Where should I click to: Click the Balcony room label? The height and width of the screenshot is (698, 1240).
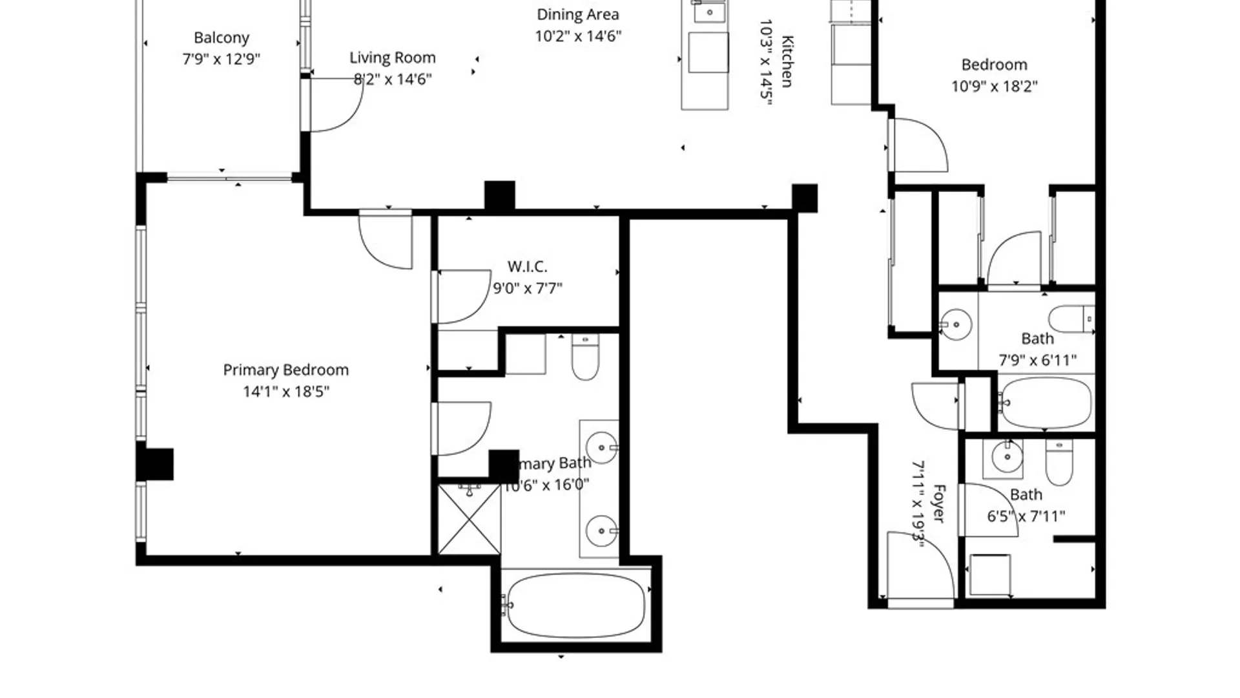pos(221,37)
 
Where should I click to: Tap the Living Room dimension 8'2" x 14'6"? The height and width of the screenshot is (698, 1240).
pos(393,79)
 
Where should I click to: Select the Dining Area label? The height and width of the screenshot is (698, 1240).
pos(577,14)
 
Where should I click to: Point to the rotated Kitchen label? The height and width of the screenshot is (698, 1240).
pos(787,61)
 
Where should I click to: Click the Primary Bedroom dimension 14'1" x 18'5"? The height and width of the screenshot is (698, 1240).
pos(286,392)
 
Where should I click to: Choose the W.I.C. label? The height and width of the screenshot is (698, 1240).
pos(527,266)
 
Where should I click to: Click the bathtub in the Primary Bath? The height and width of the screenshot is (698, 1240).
pos(576,606)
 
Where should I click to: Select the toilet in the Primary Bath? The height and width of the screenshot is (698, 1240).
pos(585,359)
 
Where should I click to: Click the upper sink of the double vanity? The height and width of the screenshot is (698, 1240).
pos(601,447)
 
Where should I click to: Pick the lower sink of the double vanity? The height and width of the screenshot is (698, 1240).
pos(601,531)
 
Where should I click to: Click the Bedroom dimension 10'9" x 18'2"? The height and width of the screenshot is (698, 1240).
pos(994,86)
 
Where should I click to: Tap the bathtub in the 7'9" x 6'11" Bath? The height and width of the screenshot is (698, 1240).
pos(1044,403)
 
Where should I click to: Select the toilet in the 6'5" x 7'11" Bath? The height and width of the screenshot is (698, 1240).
pos(1059,463)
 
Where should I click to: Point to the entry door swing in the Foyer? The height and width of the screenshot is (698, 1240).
pos(917,562)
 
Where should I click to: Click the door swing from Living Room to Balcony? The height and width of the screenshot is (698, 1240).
pos(336,107)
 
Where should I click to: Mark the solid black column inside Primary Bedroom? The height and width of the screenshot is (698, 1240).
pos(155,464)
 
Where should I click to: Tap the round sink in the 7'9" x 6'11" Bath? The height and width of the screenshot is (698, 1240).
pos(956,324)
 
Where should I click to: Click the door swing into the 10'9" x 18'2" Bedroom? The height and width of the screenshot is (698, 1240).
pos(918,145)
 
